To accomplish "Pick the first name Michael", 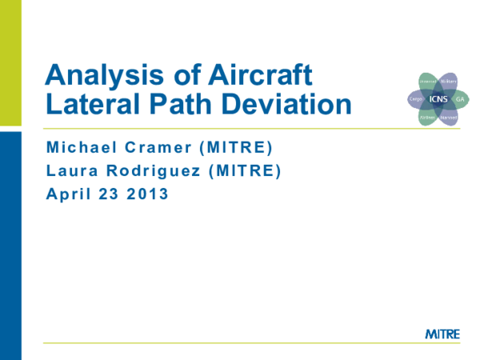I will [x=80, y=148].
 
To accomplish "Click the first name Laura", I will [x=69, y=170].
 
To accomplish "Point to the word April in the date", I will [x=69, y=193].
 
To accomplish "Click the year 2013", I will [x=149, y=193].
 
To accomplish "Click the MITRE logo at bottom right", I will [x=442, y=333].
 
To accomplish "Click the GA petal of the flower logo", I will [x=460, y=99].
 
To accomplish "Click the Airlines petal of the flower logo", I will [x=428, y=117].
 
